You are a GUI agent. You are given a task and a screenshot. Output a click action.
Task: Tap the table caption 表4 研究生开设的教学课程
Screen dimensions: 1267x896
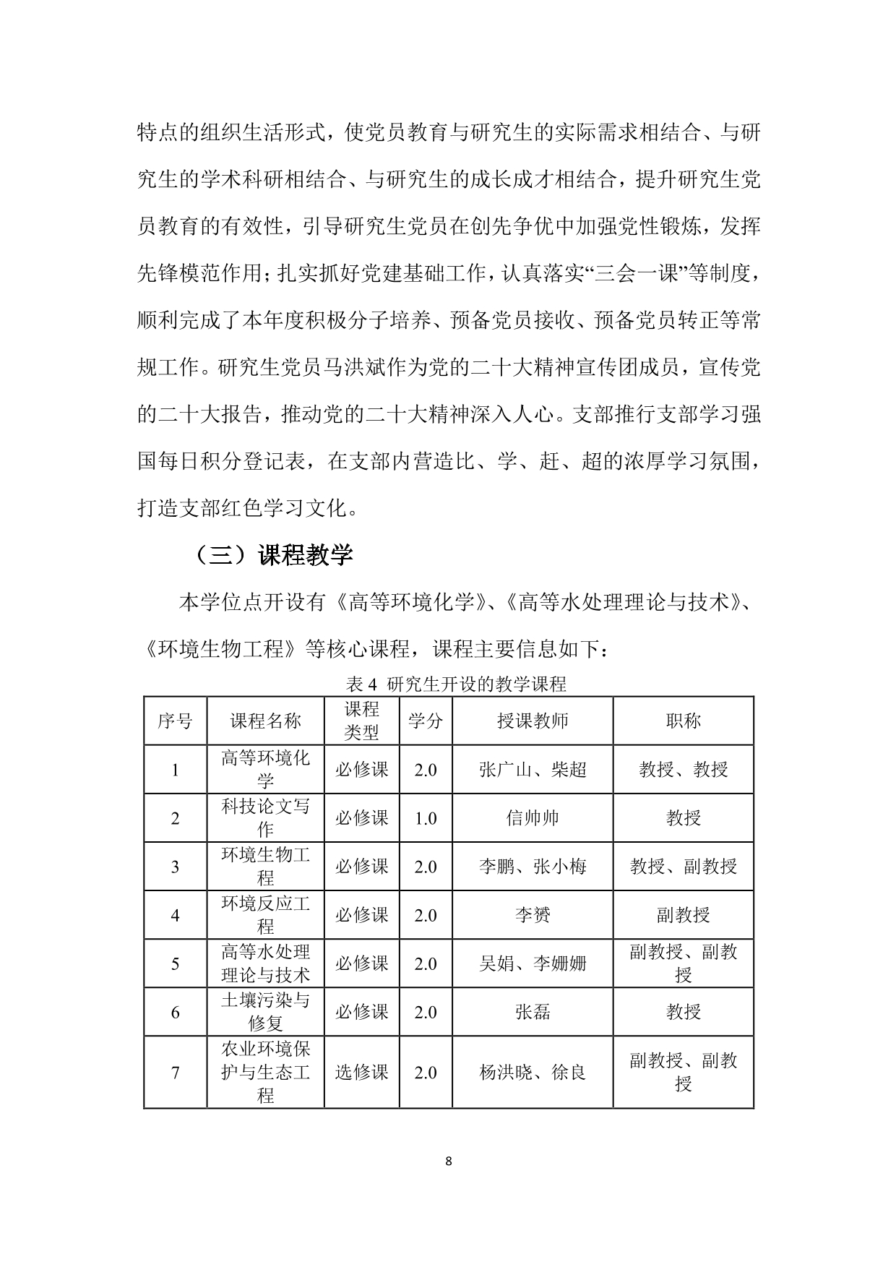click(x=456, y=684)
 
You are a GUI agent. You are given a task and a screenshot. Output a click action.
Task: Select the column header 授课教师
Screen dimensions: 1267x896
click(x=533, y=721)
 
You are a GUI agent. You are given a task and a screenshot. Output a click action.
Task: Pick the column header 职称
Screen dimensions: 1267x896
click(x=683, y=721)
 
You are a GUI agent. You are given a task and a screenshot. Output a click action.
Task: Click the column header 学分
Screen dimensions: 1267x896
click(x=425, y=721)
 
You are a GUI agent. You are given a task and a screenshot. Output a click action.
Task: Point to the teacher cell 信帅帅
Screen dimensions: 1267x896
click(x=533, y=818)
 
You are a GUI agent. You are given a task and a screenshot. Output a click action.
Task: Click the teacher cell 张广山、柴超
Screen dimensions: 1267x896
click(x=533, y=770)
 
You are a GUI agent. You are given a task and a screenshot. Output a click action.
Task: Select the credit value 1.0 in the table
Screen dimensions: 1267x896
click(x=425, y=818)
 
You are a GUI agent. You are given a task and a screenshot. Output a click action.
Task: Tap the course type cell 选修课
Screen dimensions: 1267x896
click(x=361, y=1072)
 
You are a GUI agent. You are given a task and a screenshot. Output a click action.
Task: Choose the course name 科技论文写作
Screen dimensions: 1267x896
click(x=265, y=818)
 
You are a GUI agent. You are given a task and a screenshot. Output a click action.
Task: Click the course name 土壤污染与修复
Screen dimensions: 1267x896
click(x=265, y=1012)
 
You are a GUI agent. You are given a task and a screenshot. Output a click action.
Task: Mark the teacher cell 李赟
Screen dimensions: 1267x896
click(x=533, y=915)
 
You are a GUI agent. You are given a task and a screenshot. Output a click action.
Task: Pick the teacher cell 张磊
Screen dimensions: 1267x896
click(x=533, y=1012)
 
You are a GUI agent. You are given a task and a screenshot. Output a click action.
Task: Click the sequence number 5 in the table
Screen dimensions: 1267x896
click(x=175, y=963)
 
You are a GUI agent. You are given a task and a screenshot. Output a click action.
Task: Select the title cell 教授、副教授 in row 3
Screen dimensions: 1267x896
click(x=683, y=867)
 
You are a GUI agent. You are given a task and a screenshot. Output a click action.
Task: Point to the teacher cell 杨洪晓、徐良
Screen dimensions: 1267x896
click(x=533, y=1072)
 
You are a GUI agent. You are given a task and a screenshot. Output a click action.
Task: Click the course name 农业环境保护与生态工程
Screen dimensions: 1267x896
click(x=265, y=1072)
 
